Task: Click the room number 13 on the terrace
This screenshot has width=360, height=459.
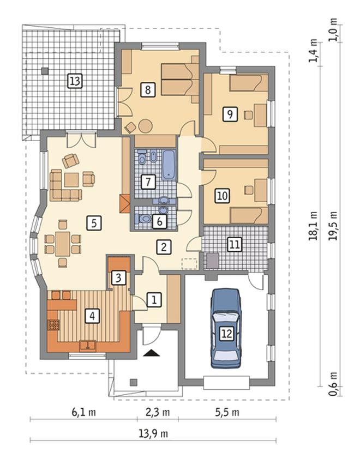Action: [75, 81]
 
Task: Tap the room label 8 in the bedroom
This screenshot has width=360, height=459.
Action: [148, 89]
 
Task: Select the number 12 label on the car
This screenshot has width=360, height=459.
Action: [227, 334]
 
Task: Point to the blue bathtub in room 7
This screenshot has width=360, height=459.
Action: [169, 165]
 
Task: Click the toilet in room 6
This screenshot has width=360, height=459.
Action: [142, 219]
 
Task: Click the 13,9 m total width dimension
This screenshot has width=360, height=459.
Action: [153, 433]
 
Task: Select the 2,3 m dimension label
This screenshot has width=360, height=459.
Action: [158, 412]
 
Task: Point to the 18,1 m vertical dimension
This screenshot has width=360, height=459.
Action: [313, 225]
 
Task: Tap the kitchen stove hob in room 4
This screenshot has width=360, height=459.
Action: [53, 325]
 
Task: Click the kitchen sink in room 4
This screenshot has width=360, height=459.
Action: [88, 345]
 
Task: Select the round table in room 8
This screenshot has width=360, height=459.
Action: [145, 126]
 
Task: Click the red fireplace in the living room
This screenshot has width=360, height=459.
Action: [125, 203]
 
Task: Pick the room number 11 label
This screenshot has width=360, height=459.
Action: [235, 244]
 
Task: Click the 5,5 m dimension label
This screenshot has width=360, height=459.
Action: [227, 412]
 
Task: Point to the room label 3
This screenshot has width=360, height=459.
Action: [118, 277]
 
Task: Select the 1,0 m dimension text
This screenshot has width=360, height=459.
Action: [333, 29]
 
